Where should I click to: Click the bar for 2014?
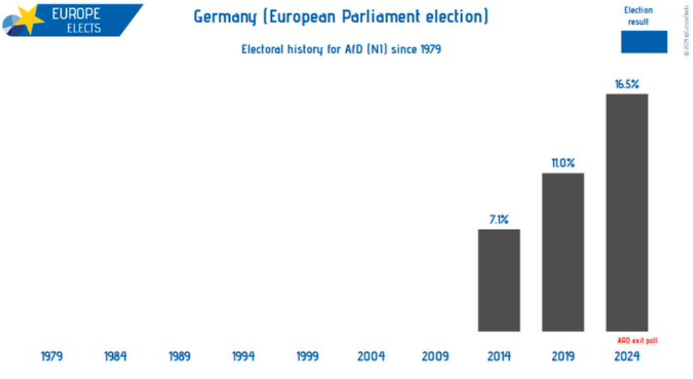click(499, 280)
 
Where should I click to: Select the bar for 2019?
click(563, 252)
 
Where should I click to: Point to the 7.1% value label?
click(499, 219)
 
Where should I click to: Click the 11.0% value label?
click(563, 163)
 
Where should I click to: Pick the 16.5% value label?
click(627, 84)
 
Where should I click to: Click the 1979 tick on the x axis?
click(52, 356)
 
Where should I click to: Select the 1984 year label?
click(116, 356)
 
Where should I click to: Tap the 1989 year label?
click(180, 356)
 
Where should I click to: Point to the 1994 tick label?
click(243, 356)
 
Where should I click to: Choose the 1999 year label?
click(307, 356)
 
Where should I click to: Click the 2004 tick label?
click(371, 356)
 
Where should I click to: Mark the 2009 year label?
click(435, 356)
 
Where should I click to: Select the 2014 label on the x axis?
click(499, 356)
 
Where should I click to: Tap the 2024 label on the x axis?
click(627, 356)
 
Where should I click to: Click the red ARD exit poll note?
click(637, 340)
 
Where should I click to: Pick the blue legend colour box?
click(644, 41)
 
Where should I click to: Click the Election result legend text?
click(638, 16)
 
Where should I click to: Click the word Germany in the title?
click(223, 17)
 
